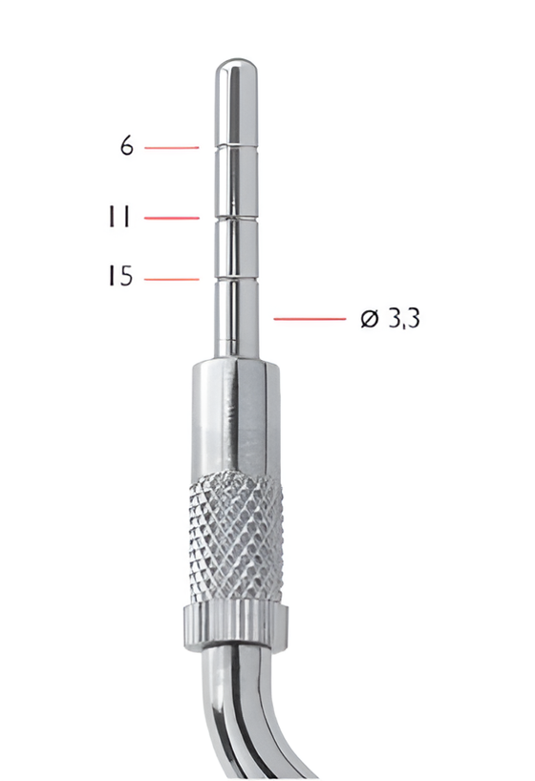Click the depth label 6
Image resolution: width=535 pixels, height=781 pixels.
point(127,146)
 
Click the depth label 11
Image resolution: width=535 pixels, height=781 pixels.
point(118,218)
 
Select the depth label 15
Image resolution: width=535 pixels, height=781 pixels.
point(119,278)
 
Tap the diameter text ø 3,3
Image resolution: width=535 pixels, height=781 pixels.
point(391,318)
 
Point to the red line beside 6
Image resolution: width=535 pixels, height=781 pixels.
point(172,147)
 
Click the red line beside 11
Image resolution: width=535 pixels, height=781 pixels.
point(172,218)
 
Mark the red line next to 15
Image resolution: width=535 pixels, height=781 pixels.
point(172,279)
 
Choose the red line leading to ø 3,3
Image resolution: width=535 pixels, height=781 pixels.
point(309,318)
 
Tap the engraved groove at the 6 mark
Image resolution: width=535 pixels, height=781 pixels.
point(232,146)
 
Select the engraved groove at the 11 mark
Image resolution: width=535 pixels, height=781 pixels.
point(232,219)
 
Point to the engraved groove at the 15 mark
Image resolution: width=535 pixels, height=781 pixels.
point(232,276)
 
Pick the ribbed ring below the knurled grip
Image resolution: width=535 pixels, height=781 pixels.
point(234,623)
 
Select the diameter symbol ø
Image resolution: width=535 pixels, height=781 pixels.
point(371,318)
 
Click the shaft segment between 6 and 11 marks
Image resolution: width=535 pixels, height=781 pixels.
point(232,181)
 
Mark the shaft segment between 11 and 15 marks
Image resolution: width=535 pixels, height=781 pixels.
point(232,248)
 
